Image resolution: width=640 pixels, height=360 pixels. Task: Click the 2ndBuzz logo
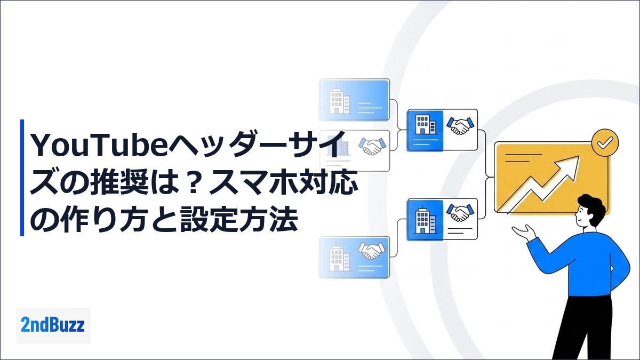coord(53,325)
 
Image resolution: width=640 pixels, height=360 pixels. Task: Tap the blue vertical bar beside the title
coord(22,178)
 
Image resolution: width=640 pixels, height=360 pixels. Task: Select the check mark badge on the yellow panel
coord(605,142)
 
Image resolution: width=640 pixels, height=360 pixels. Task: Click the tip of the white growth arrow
coord(579,156)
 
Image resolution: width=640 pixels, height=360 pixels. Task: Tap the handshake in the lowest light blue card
coord(371,250)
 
